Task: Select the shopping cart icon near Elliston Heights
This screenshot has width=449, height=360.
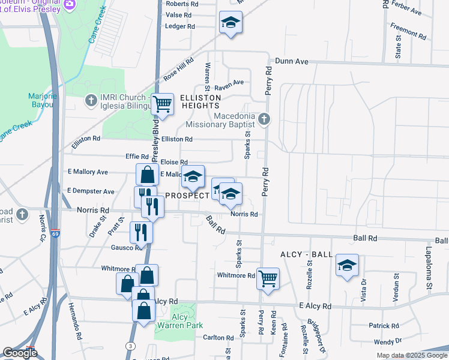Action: [162, 104]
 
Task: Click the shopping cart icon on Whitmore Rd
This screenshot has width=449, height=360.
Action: [268, 277]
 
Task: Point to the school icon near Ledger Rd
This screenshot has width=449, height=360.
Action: [229, 23]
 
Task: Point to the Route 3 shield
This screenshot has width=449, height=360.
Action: [130, 346]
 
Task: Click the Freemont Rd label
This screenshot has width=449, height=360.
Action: [408, 28]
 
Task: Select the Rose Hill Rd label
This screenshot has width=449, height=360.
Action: [179, 69]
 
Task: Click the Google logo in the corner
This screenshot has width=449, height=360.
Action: [20, 352]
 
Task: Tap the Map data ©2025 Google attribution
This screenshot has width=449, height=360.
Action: [412, 355]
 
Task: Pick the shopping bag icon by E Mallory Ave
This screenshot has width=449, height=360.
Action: [147, 175]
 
